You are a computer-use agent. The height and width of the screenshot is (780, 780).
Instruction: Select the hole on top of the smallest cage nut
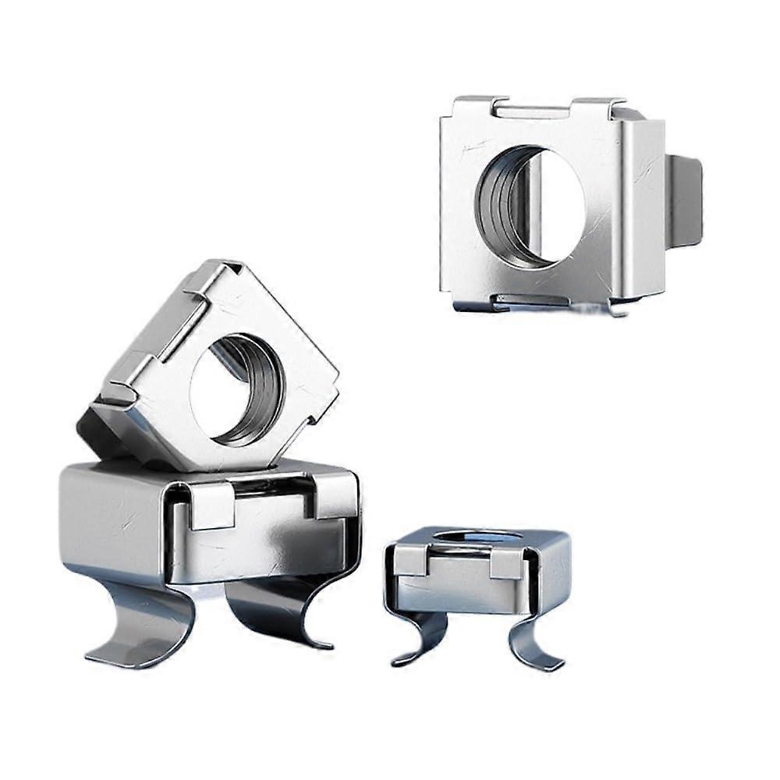(x=477, y=537)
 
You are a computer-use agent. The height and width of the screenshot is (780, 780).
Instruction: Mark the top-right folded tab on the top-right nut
(x=597, y=105)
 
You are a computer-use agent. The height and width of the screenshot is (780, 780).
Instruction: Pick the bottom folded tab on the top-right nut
(x=530, y=300)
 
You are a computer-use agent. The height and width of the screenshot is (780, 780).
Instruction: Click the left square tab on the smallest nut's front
(x=411, y=560)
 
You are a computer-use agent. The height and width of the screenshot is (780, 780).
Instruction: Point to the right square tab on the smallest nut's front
(x=507, y=564)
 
